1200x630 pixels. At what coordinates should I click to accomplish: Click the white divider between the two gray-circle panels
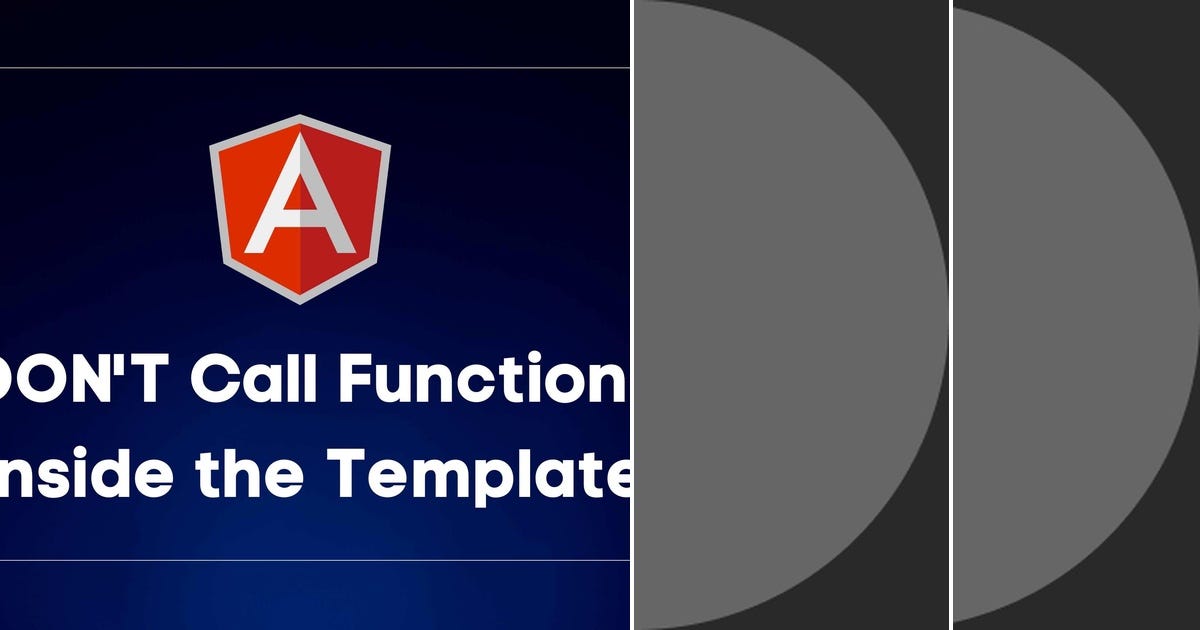[950, 315]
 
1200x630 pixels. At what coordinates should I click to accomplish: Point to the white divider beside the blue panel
[632, 315]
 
